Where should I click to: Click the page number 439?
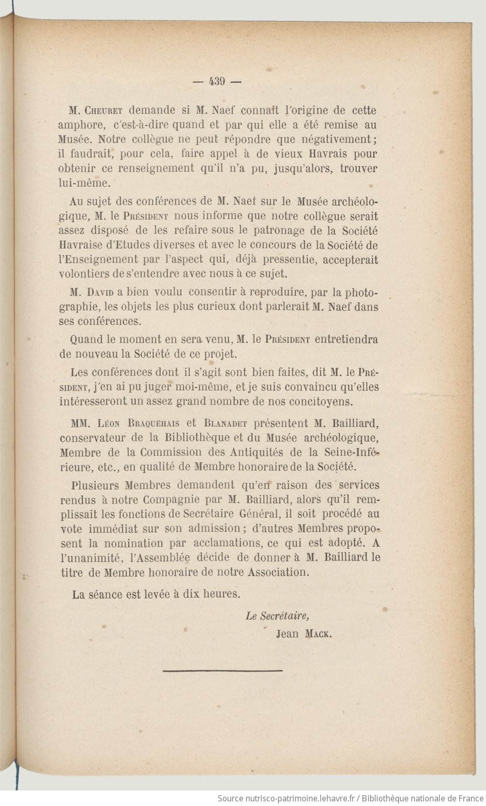pos(217,81)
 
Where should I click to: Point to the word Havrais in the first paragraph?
pos(330,154)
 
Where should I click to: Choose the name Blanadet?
pos(225,424)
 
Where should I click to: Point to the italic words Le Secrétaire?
pos(277,616)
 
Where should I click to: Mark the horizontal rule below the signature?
pos(222,670)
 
